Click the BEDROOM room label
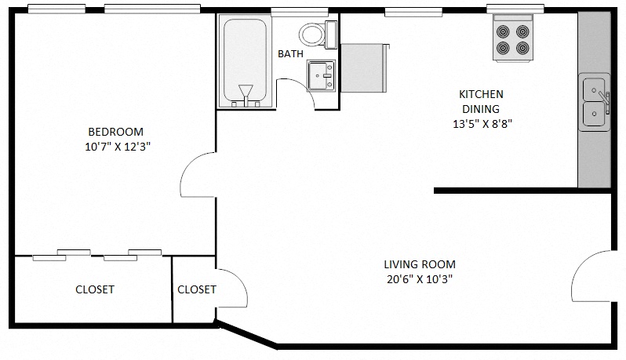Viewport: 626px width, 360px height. [x=115, y=131]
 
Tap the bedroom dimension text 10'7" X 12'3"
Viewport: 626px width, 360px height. [x=118, y=146]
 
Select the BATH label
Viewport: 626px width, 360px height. [x=290, y=54]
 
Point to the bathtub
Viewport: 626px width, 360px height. [x=246, y=61]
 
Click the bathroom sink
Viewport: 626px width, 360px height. [x=320, y=75]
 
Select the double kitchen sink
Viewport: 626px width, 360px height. [x=594, y=103]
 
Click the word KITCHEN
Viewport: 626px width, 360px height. [x=481, y=94]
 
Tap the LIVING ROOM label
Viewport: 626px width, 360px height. [x=420, y=264]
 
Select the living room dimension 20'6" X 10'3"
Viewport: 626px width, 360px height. [x=420, y=279]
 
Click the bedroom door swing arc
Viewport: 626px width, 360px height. [x=197, y=176]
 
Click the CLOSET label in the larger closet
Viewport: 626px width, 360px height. [x=95, y=289]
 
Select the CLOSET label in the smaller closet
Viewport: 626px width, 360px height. [x=196, y=289]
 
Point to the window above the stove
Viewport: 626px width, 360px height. [x=515, y=9]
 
